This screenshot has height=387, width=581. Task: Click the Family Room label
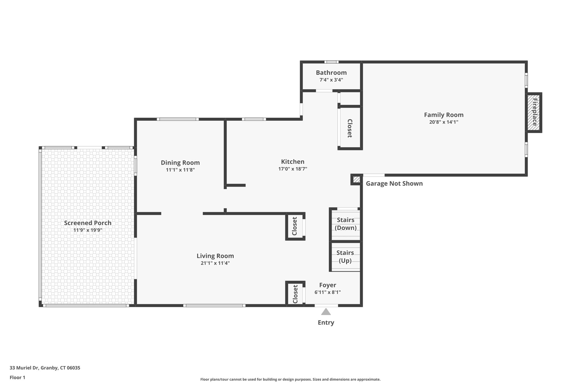[444, 115]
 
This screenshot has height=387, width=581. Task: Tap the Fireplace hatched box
[534, 112]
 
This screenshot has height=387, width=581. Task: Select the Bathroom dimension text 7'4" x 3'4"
[331, 80]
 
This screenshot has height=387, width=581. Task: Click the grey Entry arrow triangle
[326, 312]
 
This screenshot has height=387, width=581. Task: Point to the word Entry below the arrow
[326, 322]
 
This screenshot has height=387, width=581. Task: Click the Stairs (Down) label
[346, 224]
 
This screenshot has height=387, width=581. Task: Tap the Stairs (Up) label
[345, 256]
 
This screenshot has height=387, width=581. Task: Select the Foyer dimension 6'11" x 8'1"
[327, 292]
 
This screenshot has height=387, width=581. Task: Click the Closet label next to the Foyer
[295, 294]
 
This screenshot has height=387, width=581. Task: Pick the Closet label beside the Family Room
[350, 128]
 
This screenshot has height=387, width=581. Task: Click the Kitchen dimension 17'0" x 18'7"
[292, 169]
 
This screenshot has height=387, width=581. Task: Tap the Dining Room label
[180, 163]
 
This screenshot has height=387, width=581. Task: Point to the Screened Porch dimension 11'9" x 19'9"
[88, 230]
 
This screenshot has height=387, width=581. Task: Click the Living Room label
[215, 256]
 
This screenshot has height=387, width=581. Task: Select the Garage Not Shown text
[394, 183]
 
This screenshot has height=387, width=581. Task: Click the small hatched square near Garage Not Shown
[357, 179]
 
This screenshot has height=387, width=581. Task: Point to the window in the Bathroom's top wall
[331, 62]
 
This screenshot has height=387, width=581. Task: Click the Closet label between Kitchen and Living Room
[294, 226]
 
